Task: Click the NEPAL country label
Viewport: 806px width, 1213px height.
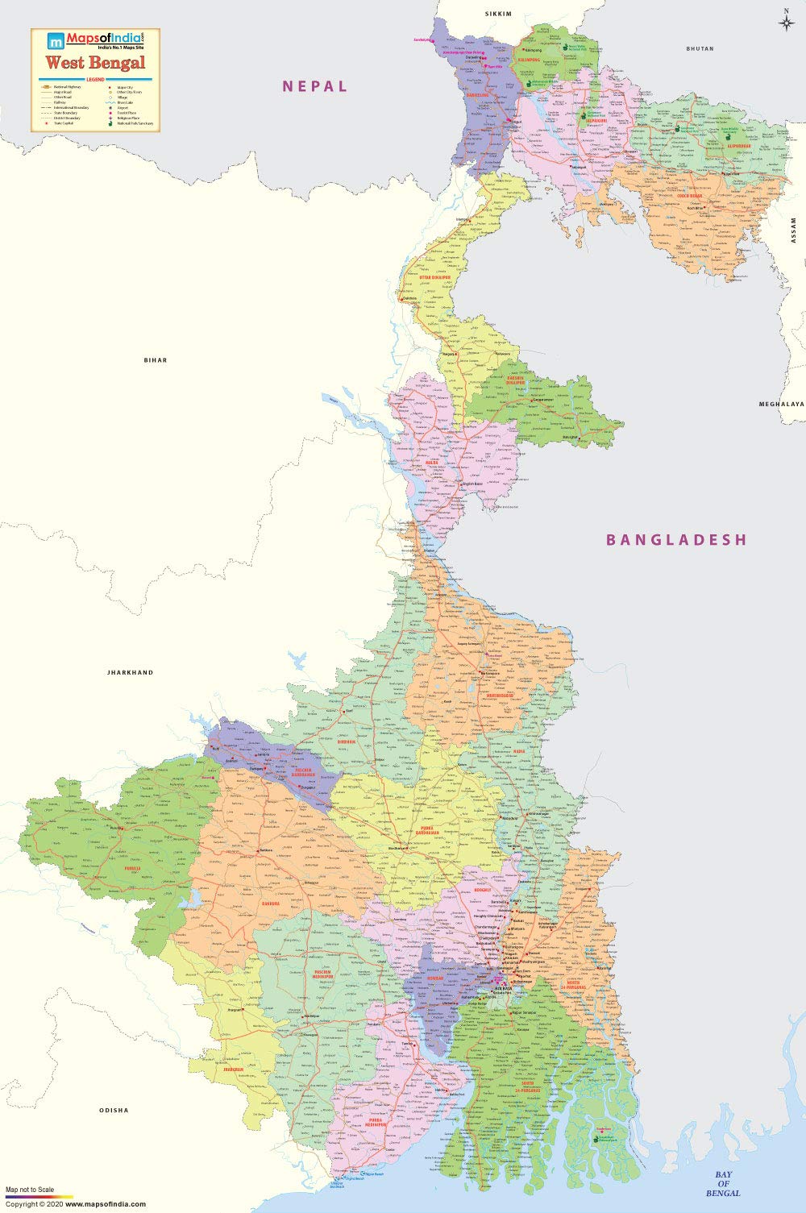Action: click(314, 86)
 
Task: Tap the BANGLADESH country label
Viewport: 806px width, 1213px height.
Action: click(677, 540)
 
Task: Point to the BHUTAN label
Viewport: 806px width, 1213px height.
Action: click(700, 49)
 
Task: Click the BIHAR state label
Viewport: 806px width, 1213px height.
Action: click(156, 360)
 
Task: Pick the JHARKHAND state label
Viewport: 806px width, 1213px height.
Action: click(130, 672)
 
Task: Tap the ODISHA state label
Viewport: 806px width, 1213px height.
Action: click(114, 1111)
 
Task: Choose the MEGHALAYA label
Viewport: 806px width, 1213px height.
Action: click(781, 403)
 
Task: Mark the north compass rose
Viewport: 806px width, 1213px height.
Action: click(786, 22)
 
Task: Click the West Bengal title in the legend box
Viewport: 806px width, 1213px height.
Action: click(95, 63)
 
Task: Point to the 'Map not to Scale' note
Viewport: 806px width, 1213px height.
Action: click(30, 1190)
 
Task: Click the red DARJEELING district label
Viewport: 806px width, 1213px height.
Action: click(479, 95)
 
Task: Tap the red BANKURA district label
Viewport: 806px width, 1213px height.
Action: click(270, 904)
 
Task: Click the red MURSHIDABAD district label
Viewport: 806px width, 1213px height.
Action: click(500, 694)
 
